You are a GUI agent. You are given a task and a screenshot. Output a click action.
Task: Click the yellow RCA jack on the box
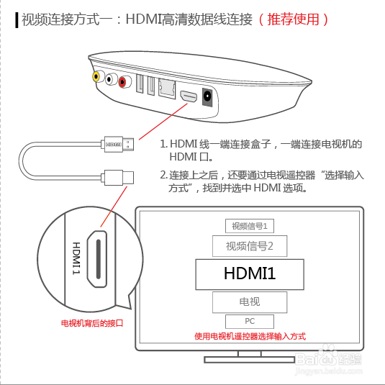pos(96,76)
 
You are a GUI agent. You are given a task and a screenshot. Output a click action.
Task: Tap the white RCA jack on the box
pos(109,79)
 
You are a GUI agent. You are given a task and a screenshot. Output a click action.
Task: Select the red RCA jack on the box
pos(122,82)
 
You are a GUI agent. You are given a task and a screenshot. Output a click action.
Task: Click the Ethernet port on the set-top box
pos(167,89)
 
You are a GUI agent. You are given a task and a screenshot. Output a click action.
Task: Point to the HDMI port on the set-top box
pos(189,96)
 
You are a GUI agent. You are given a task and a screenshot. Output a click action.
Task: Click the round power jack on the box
pos(207,97)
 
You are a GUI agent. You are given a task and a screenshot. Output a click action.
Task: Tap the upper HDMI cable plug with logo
pos(117,145)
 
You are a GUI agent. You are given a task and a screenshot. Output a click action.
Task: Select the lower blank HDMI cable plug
pos(117,177)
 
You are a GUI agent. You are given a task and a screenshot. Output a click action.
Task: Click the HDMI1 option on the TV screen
pos(250,274)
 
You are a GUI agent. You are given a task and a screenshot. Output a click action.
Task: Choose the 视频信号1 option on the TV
pos(250,226)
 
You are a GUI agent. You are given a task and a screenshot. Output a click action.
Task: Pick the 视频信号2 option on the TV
pos(250,246)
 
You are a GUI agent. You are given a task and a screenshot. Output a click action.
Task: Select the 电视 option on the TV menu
pos(250,302)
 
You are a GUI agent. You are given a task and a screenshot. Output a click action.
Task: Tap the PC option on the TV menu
pos(250,322)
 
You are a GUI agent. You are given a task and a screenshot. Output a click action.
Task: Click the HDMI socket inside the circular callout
pos(97,259)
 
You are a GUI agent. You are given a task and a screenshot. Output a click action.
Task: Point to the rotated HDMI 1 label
pos(76,258)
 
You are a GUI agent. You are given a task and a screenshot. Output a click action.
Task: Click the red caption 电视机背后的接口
pos(92,323)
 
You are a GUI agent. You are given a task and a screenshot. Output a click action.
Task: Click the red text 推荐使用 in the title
pos(293,19)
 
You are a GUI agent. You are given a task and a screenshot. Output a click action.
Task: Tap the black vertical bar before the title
pos(17,20)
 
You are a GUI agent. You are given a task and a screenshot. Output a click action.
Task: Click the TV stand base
pos(250,360)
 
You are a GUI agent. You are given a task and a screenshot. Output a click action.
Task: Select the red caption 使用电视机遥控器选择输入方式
pos(250,336)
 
